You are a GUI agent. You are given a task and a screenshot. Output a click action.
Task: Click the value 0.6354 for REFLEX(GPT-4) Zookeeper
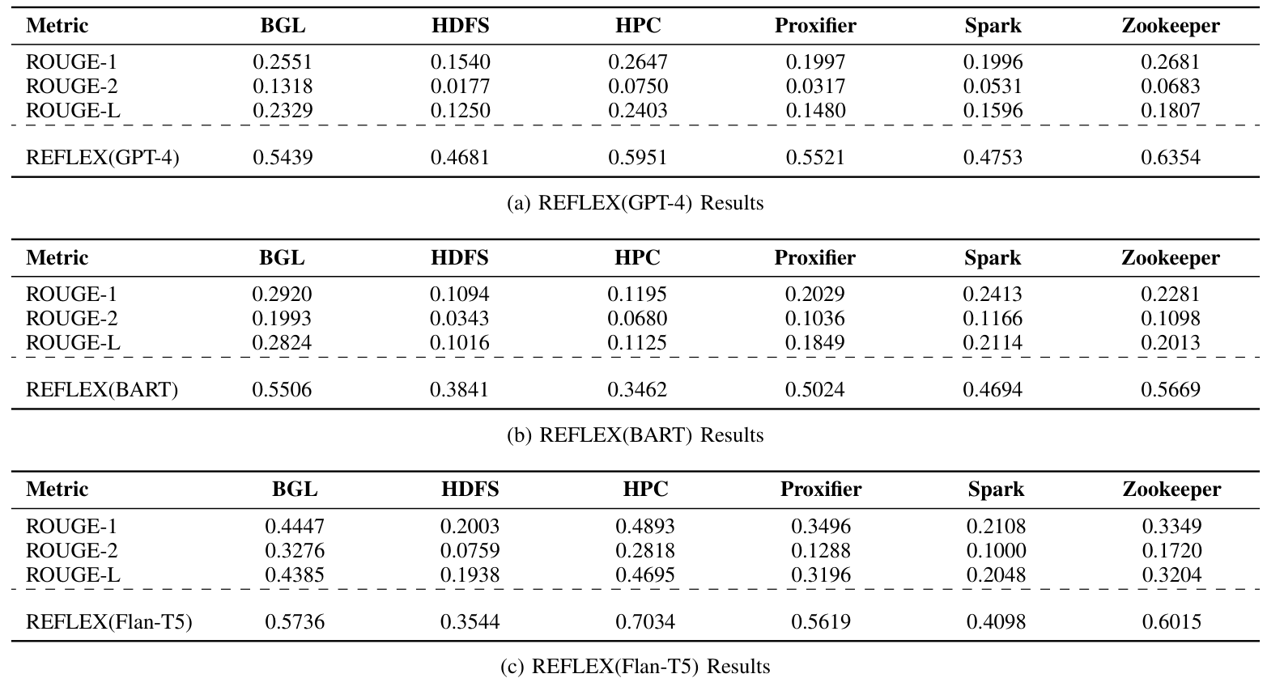[x=1170, y=157]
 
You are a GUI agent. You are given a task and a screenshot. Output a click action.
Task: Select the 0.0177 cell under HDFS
[x=460, y=86]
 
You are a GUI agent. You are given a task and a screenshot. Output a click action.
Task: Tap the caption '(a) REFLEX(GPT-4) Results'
[x=635, y=202]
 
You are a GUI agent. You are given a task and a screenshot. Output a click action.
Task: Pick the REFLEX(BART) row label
[x=102, y=389]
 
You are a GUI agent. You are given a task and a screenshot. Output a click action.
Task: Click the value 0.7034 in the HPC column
[x=645, y=622]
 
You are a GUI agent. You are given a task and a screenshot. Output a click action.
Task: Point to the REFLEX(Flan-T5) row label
[x=109, y=622]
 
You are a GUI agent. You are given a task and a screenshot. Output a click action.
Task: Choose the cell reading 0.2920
[x=282, y=294]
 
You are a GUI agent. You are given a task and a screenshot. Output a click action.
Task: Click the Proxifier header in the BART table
[x=814, y=258]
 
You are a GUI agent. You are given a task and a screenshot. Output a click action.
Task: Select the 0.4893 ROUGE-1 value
[x=645, y=527]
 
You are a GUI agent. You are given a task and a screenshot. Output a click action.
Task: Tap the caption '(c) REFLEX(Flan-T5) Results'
[x=635, y=667]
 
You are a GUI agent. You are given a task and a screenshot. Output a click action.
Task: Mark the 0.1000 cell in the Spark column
[x=996, y=551]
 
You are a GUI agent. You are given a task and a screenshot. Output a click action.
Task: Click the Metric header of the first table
[x=57, y=26]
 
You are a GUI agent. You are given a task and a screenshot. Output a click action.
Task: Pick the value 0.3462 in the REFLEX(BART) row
[x=637, y=389]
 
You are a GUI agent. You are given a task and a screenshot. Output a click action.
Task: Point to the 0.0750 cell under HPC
[x=638, y=86]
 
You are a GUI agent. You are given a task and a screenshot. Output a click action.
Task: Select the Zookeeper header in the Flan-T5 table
[x=1171, y=489]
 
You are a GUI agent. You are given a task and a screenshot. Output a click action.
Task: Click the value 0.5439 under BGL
[x=283, y=157]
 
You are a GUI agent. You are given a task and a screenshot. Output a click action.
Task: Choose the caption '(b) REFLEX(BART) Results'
[x=635, y=435]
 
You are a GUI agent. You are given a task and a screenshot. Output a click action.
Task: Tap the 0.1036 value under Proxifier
[x=814, y=318]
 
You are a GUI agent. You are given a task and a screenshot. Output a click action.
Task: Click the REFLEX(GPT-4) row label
[x=103, y=157]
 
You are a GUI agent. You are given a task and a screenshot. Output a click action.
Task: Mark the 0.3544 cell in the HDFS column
[x=470, y=622]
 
